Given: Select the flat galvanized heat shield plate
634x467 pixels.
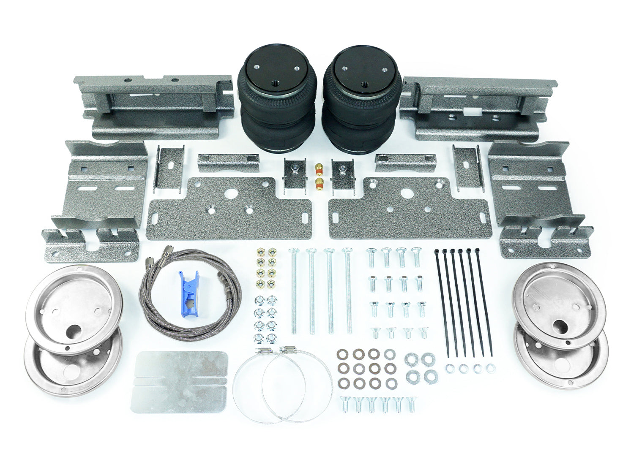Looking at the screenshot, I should [x=180, y=382].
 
